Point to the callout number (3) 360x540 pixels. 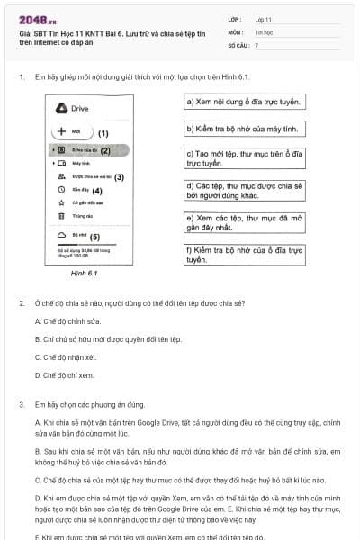[x=119, y=177]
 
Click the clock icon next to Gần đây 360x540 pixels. [x=60, y=190]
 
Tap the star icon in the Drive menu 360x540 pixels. [x=60, y=203]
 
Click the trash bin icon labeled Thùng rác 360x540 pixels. [x=60, y=216]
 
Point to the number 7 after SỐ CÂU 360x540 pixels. [x=256, y=44]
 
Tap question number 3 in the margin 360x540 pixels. [x=21, y=405]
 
